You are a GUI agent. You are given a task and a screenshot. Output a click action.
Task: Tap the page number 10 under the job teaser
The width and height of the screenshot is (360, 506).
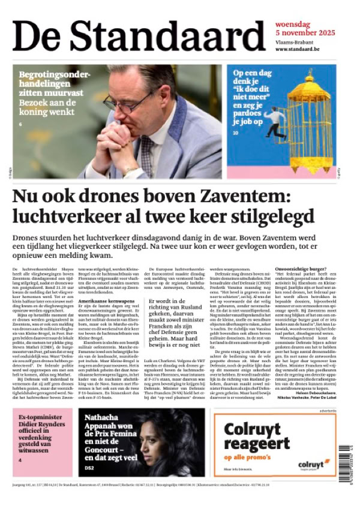236,133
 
